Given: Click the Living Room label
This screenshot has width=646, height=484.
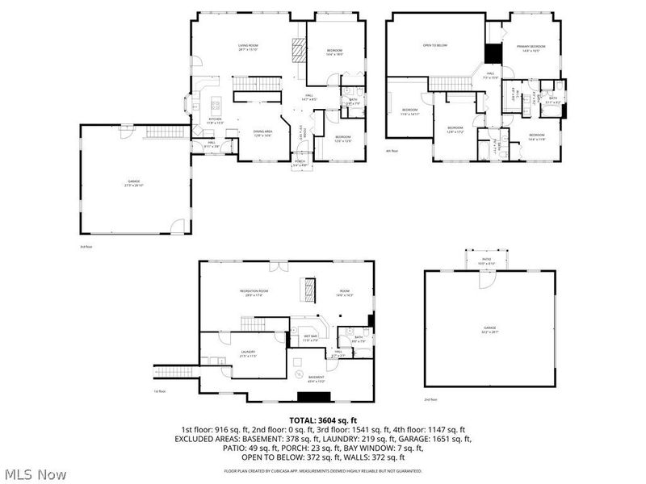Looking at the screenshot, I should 247,47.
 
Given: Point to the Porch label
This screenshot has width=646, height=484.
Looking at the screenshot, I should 300,163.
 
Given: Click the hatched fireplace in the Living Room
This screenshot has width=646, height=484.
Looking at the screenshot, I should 299,50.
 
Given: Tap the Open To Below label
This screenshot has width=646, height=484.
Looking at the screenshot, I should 435,46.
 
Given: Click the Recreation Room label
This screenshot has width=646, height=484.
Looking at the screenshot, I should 254,292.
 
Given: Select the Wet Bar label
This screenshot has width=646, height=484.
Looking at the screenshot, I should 309,340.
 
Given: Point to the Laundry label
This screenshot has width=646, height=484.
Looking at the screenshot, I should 248,353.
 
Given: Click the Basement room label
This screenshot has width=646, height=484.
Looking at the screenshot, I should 317,379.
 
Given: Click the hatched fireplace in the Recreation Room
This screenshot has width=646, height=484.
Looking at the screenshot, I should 307,288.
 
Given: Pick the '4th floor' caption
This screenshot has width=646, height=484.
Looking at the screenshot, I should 392,151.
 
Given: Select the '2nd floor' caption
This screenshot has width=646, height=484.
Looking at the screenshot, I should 430,399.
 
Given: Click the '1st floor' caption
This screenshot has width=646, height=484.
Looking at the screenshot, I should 159,391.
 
